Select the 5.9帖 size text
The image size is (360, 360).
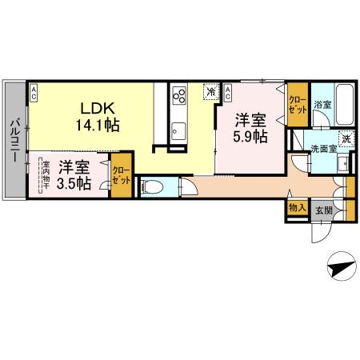click(x=250, y=137)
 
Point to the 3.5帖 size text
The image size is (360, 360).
click(x=74, y=184)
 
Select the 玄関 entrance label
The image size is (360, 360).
click(x=323, y=210)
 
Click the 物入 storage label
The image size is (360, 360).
click(x=294, y=208)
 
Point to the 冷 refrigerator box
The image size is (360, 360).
click(x=210, y=92)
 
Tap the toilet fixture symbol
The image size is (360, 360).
click(x=153, y=188)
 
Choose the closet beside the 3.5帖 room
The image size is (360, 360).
click(x=122, y=176)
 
